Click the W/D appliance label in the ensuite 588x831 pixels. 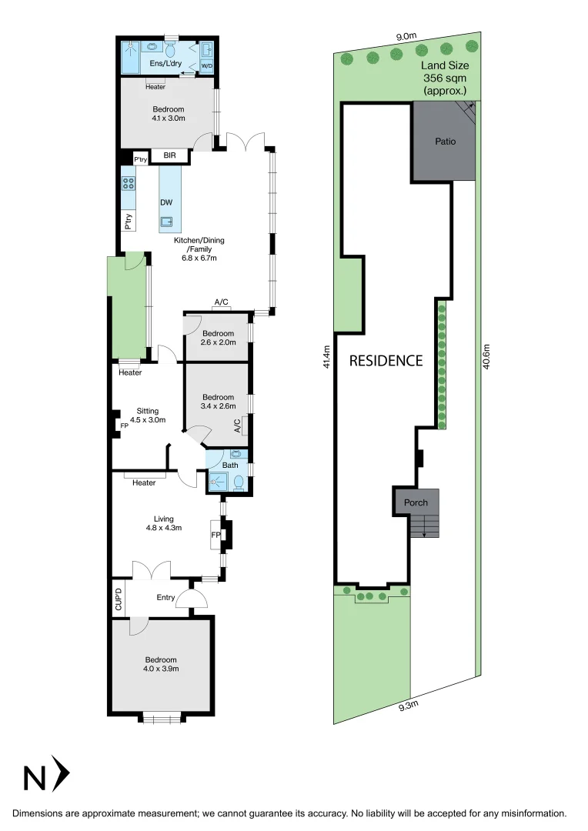click(206, 66)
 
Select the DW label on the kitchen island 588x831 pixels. click(165, 202)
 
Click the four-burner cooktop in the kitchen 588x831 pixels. click(129, 184)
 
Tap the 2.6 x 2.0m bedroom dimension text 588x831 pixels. click(218, 342)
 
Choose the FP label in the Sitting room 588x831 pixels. click(124, 425)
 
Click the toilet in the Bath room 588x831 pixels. click(239, 482)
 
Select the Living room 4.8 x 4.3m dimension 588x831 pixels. click(163, 528)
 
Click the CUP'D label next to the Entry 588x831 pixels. click(119, 599)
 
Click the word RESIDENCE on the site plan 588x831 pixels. click(386, 360)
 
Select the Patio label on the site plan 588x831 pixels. click(445, 142)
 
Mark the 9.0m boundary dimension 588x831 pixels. click(406, 36)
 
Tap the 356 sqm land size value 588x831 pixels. click(445, 78)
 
